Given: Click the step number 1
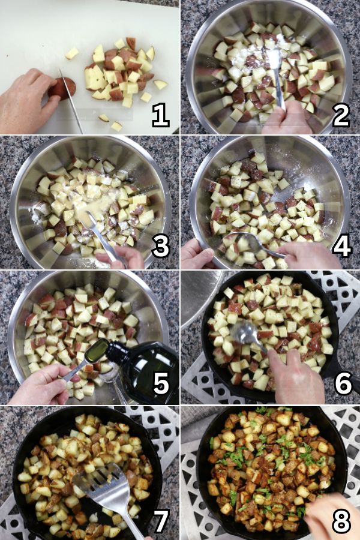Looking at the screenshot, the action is click(x=161, y=116).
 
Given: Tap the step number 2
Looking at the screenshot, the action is click(x=341, y=115).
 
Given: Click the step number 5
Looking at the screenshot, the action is click(x=161, y=383).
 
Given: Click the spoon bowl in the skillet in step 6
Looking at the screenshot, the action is click(x=245, y=332).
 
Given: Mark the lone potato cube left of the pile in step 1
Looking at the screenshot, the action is click(x=71, y=53).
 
